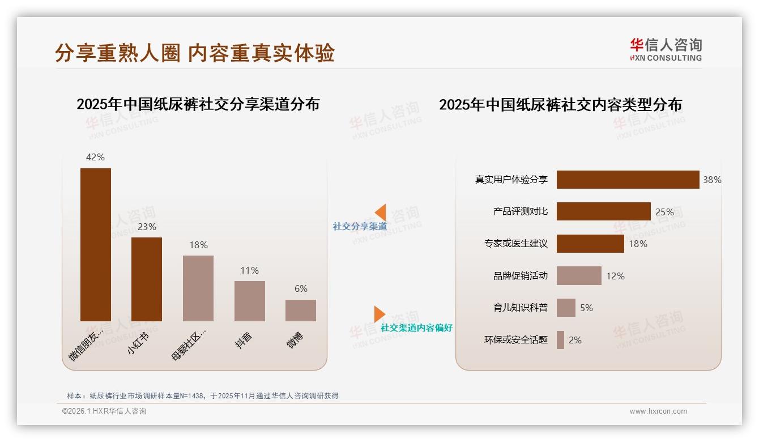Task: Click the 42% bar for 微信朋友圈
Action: (95, 244)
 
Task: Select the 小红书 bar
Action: (147, 279)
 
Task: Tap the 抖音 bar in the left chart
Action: (249, 301)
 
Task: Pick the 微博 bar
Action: (300, 311)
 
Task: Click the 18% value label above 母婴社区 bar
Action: (198, 245)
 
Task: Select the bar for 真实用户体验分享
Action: (628, 180)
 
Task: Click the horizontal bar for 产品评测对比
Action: (603, 211)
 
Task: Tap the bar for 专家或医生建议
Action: (590, 244)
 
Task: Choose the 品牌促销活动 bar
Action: (578, 276)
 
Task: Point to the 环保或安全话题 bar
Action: (560, 340)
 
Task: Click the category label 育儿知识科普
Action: (520, 308)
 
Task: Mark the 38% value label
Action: (712, 180)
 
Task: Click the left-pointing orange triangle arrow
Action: (381, 212)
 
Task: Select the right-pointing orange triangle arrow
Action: (379, 314)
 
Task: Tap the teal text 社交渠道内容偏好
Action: (416, 328)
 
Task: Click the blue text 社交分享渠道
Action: (360, 227)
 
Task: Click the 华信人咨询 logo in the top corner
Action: (666, 49)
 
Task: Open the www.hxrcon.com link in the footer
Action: (658, 411)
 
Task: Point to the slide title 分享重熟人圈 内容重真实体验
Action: (195, 53)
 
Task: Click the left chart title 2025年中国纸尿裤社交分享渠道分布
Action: (198, 104)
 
